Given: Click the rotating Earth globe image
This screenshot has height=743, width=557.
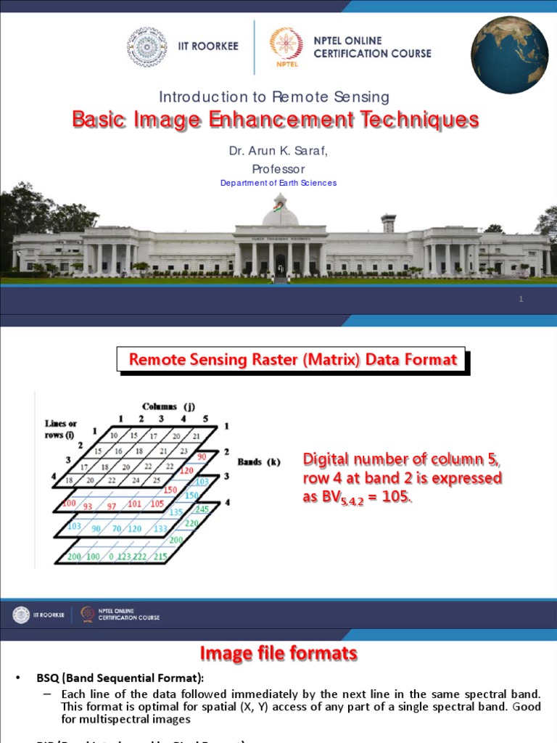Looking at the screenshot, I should [x=509, y=55].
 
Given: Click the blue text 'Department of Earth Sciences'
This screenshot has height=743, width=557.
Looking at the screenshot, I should [x=278, y=183].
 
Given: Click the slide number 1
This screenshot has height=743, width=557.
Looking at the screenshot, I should [x=521, y=300].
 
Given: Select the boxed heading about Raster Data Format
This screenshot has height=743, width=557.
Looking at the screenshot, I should [x=293, y=359].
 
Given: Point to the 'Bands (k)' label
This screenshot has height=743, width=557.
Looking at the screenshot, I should [x=258, y=461].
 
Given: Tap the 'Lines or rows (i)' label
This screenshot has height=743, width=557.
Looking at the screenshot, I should [x=61, y=429].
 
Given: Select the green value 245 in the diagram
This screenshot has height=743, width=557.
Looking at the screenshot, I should [x=201, y=509].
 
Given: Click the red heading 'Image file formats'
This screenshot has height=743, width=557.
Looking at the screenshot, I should [x=278, y=654].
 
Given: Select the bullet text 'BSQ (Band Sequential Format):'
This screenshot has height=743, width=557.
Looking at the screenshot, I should [x=120, y=678].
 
